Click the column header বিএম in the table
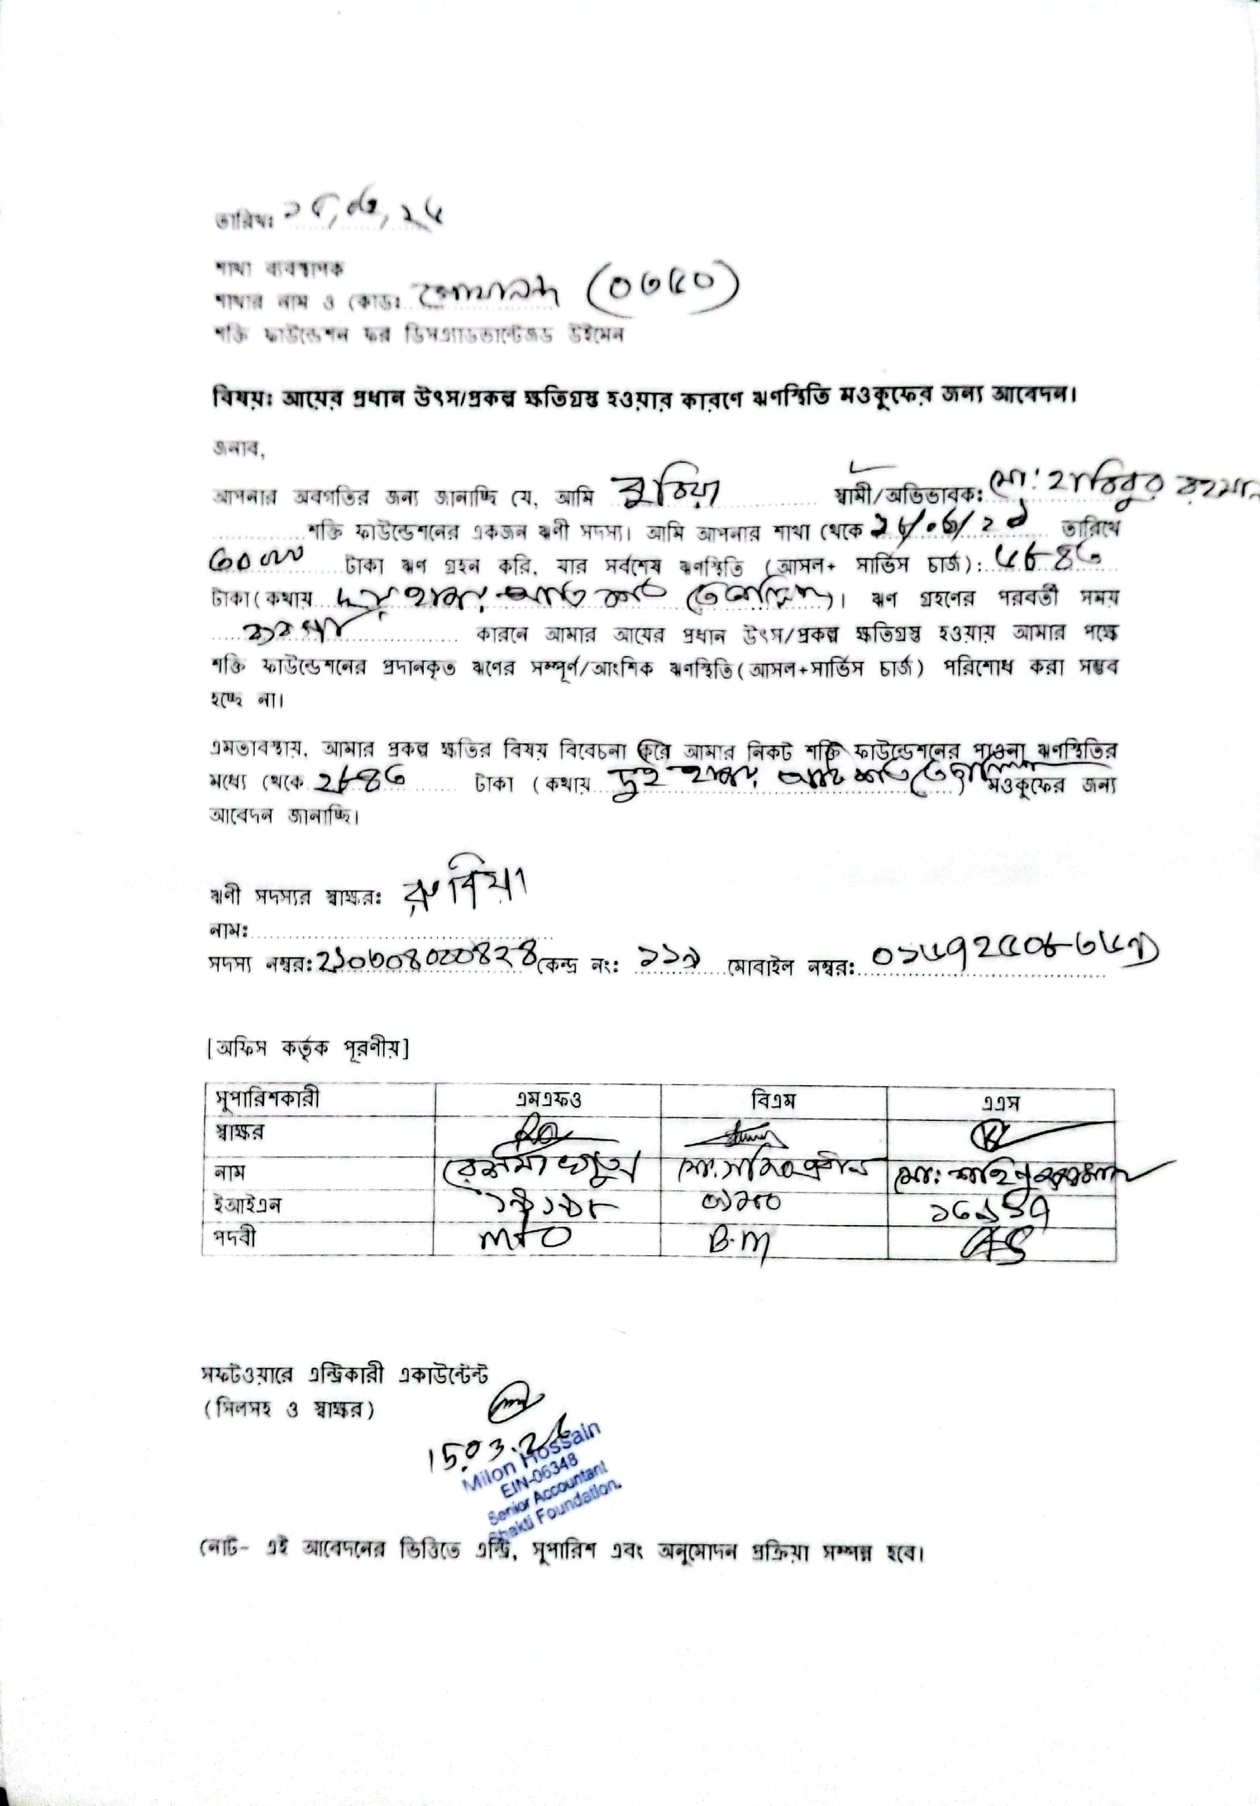coord(773,1100)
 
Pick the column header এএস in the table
coord(1000,1101)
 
